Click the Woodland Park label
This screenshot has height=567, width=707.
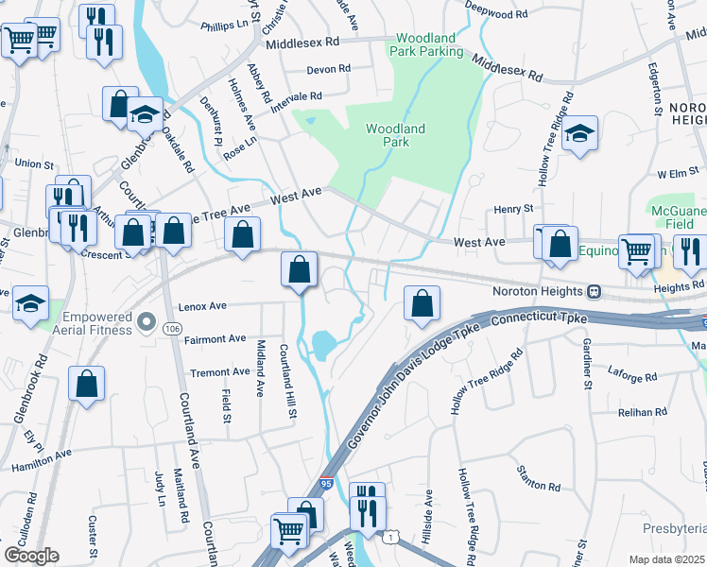(x=395, y=135)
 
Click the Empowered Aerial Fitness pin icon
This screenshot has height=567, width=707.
(x=146, y=323)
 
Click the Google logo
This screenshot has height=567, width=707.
(x=30, y=556)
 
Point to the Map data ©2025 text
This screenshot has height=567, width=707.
(x=666, y=559)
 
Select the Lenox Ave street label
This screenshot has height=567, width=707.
(x=202, y=306)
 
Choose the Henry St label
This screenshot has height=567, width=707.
(x=514, y=208)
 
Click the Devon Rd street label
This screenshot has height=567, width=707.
(x=329, y=69)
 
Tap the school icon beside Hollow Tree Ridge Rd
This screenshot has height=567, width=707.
(x=579, y=133)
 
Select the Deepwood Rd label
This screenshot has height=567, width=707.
(x=497, y=15)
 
